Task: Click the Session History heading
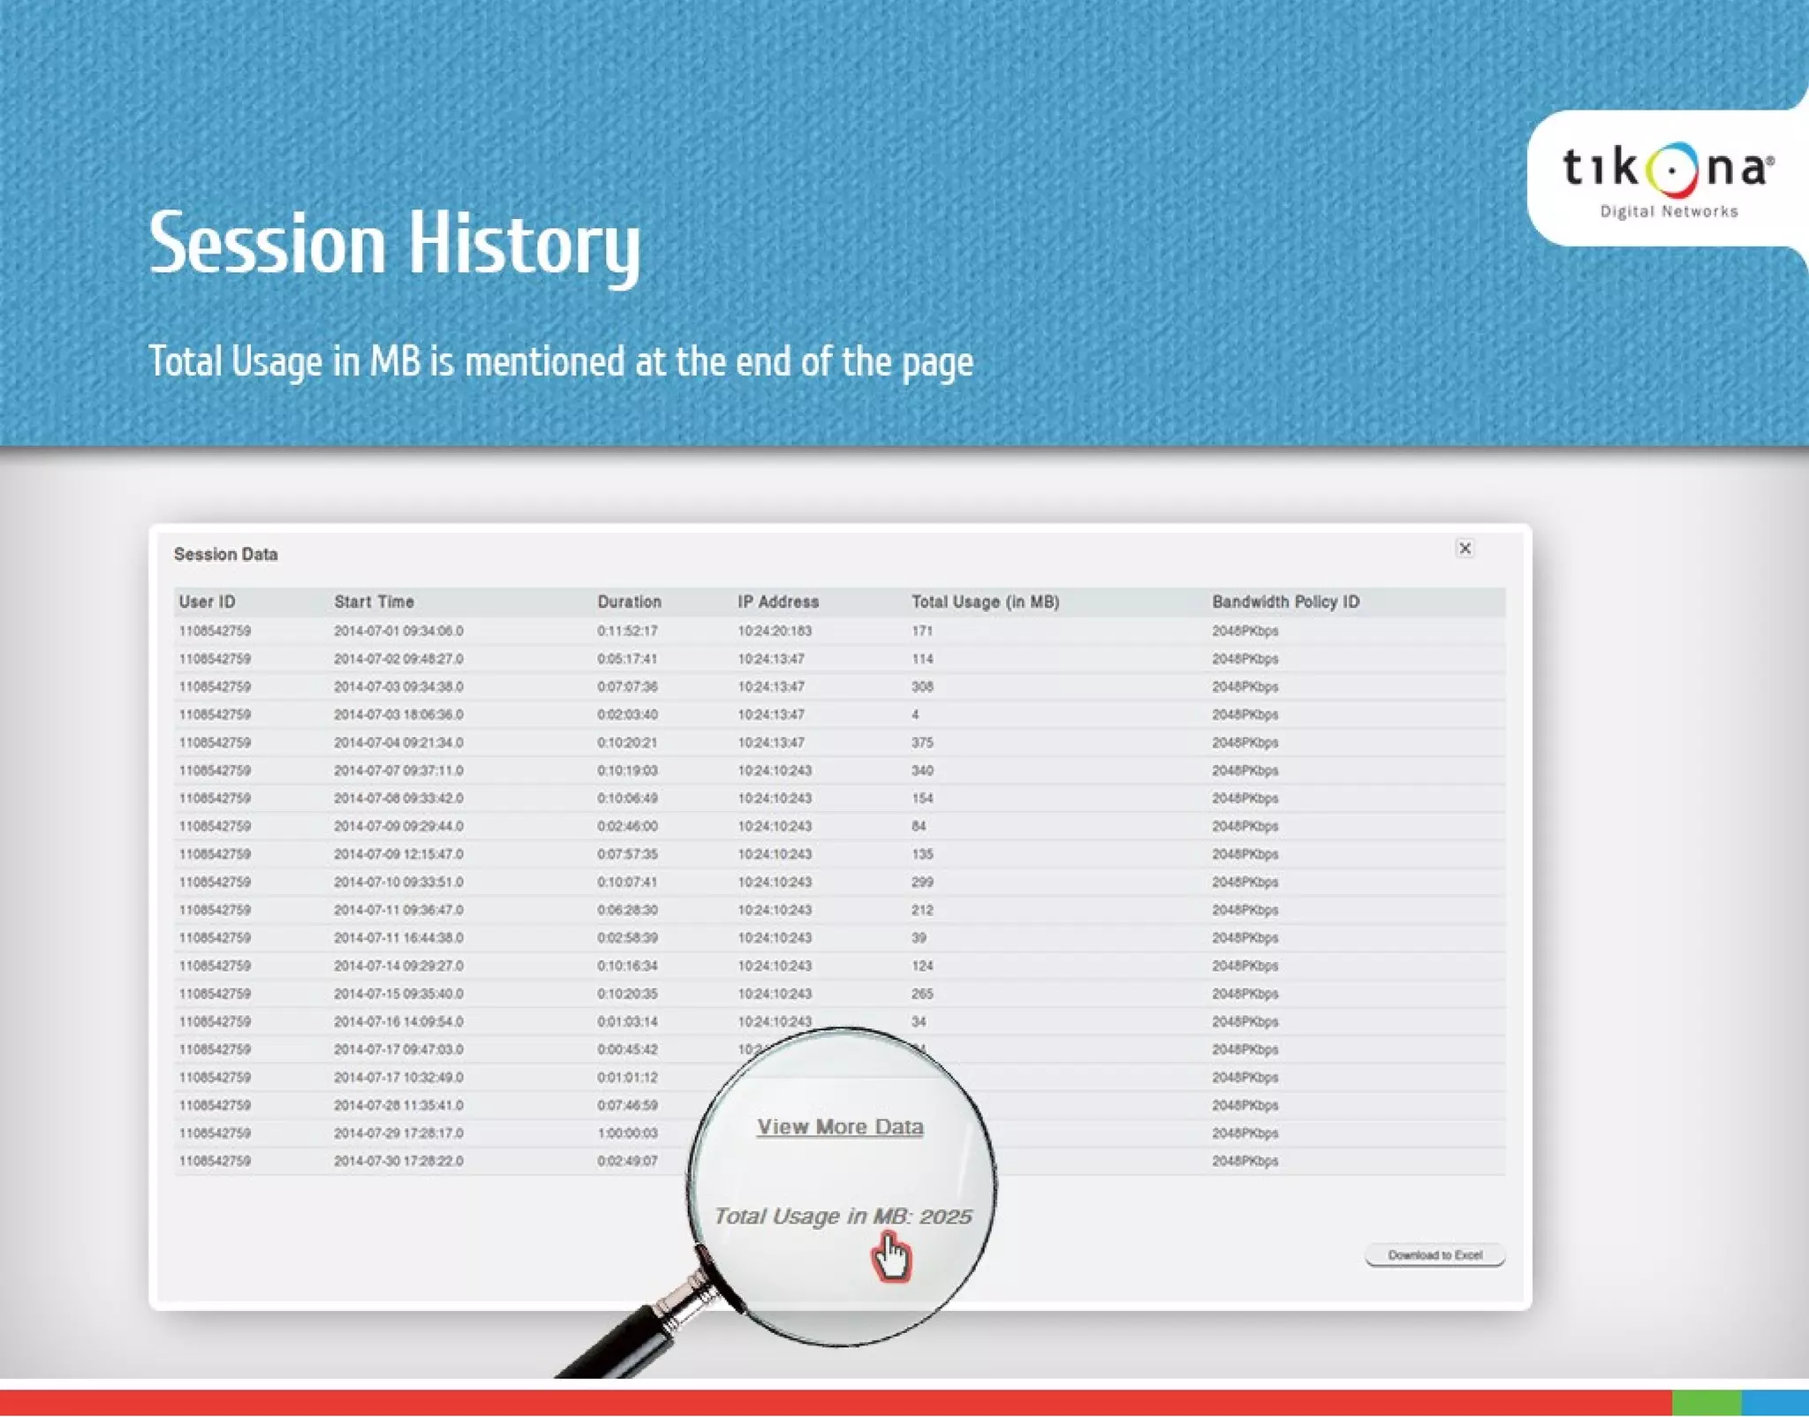coord(394,243)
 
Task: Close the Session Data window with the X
coord(1465,549)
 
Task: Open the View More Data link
coord(840,1127)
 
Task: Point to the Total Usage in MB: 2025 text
coord(843,1216)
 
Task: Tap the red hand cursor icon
coord(891,1258)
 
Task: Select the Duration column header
coord(629,602)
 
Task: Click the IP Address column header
coord(778,602)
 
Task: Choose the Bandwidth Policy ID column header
coord(1285,602)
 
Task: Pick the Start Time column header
coord(374,602)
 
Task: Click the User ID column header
coord(207,602)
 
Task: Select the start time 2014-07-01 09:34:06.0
coord(398,631)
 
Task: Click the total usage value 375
coord(922,743)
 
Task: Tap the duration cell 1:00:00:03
coord(627,1133)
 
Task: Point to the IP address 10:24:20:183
coord(775,631)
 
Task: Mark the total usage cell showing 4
coord(915,715)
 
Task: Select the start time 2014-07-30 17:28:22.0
coord(398,1161)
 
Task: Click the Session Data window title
coord(225,554)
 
